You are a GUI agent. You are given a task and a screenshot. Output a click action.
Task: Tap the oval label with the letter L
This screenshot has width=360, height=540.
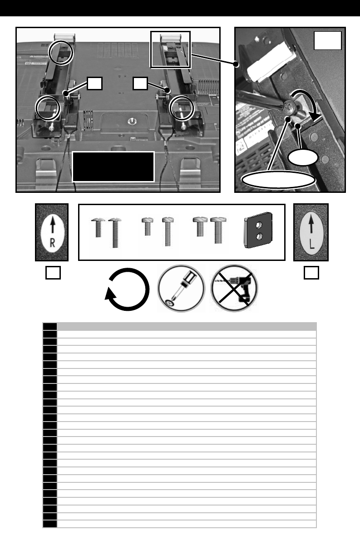311,232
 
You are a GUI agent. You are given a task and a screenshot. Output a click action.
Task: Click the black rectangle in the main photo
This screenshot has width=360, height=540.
113,167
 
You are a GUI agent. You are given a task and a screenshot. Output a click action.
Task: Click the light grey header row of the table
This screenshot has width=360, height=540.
186,326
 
